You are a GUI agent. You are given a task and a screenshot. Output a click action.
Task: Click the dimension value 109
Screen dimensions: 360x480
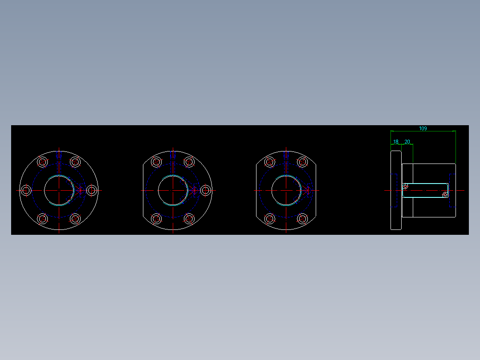coord(423,128)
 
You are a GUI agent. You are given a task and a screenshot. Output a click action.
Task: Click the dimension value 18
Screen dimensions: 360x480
coord(396,142)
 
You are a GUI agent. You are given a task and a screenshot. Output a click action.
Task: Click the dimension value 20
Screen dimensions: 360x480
coord(407,142)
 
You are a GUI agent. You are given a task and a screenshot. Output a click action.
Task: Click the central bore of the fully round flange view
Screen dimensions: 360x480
coord(59,190)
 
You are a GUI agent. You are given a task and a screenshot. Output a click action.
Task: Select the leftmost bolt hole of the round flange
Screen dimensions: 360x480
coord(26,191)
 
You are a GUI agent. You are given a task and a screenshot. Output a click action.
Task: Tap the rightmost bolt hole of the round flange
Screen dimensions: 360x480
coord(92,191)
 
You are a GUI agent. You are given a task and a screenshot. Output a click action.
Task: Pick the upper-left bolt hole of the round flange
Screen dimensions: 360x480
coord(42,162)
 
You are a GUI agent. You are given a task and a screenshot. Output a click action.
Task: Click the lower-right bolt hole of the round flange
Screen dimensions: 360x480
coord(75,219)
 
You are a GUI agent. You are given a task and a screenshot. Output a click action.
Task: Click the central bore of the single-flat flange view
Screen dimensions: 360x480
coord(172,190)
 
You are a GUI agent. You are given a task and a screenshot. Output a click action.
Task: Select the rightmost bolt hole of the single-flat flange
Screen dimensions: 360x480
coord(205,191)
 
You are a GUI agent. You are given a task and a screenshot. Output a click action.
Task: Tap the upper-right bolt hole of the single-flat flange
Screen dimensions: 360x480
coord(189,162)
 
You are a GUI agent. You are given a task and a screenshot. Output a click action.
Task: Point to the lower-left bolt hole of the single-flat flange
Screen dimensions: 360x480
coord(156,219)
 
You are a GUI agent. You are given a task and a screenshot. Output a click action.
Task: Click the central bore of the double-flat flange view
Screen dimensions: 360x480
coord(286,190)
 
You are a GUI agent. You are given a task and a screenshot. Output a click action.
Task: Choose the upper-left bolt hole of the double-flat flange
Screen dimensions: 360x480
coord(269,162)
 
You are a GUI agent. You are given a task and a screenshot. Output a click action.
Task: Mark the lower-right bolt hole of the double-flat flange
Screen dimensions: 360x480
coord(302,219)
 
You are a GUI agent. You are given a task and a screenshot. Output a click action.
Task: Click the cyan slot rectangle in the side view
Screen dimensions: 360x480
coord(425,190)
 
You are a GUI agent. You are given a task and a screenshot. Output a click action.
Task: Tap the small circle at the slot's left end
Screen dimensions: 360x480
coord(405,187)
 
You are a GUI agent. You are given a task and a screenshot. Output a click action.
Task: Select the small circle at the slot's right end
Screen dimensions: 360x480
coord(445,194)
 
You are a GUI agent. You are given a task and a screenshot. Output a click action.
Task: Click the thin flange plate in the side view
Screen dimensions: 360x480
coord(396,190)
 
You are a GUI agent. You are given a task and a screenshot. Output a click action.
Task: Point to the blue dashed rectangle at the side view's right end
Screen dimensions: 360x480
coord(452,190)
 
